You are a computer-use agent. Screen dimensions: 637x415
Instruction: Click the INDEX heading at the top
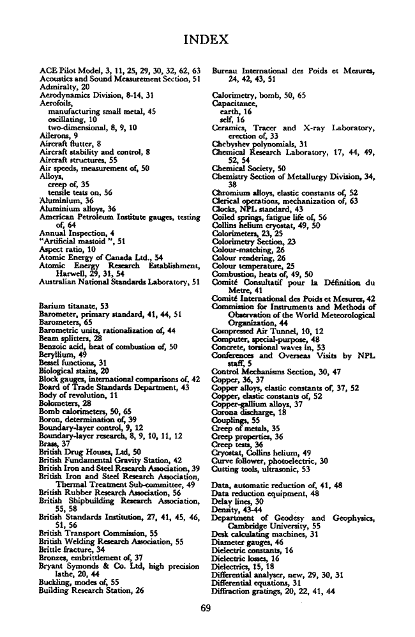click(207, 40)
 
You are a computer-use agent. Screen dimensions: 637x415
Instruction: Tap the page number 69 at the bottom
click(206, 608)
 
